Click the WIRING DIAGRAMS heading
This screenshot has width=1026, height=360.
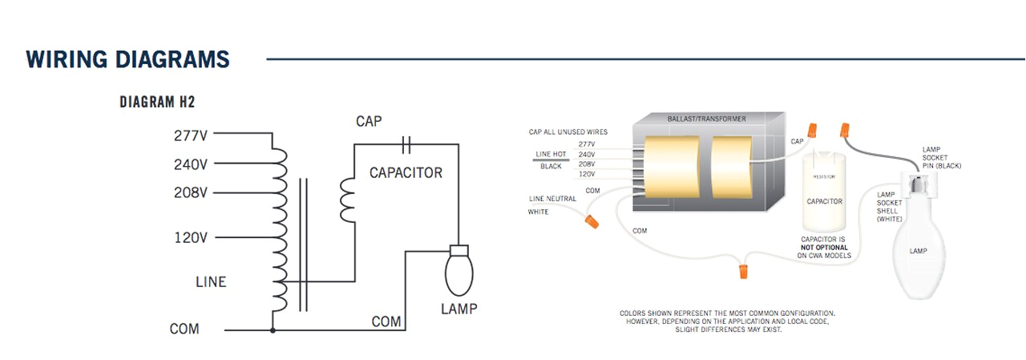coord(127,59)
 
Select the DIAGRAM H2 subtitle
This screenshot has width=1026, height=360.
coord(157,103)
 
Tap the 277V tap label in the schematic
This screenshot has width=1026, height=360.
coord(191,136)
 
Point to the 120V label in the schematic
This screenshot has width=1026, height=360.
coord(191,238)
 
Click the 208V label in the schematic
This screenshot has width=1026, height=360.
coord(191,193)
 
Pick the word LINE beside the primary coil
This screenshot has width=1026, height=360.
coord(211,282)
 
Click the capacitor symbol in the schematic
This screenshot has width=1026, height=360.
coord(406,144)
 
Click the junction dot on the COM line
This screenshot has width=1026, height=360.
coord(273,330)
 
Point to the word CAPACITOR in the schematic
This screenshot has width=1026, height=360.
coord(406,173)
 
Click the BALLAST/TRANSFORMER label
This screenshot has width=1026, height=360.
coord(706,119)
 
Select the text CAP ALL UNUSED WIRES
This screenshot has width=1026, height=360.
coord(568,131)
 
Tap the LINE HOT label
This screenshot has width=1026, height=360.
coord(551,154)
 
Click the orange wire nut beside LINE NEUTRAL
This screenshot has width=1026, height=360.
coord(592,219)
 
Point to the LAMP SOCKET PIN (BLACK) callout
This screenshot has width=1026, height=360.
coord(941,157)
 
